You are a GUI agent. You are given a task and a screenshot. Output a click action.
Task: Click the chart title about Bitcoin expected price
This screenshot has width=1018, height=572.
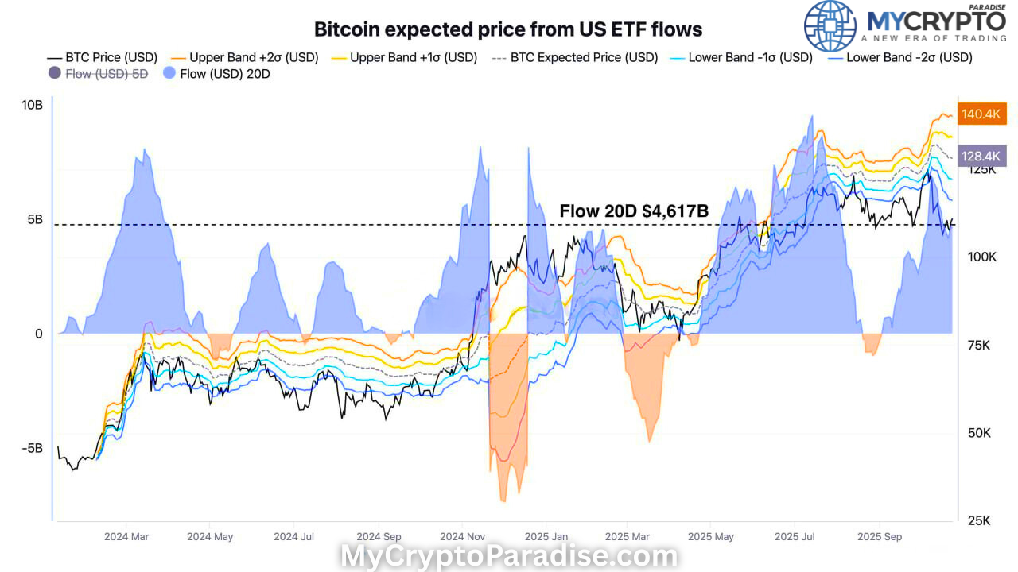508,29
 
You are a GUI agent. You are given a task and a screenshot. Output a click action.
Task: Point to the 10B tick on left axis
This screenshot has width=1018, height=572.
33,105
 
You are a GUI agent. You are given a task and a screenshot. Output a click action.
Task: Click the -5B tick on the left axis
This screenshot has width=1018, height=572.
32,447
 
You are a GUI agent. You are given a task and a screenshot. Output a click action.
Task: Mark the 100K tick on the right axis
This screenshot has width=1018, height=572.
981,257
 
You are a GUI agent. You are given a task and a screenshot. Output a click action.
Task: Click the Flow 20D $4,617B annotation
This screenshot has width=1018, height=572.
634,211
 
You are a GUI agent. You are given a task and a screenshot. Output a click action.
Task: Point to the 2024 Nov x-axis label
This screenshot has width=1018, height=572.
462,536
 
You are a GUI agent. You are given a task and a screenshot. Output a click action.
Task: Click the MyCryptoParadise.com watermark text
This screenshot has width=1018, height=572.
509,556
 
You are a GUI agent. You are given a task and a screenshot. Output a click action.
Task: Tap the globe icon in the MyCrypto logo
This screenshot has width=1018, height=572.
830,26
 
